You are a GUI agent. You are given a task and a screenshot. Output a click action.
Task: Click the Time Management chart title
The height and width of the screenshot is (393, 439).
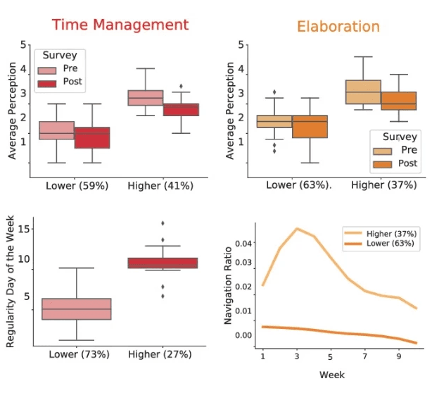click(120, 25)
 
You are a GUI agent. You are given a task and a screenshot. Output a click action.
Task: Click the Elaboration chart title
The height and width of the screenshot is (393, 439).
click(338, 27)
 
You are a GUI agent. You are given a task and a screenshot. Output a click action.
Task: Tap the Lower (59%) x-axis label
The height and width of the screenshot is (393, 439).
click(76, 186)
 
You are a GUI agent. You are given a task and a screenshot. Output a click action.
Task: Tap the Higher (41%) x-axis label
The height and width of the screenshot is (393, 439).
click(160, 186)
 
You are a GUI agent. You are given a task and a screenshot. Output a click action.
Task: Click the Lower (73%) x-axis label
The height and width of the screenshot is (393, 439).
click(78, 354)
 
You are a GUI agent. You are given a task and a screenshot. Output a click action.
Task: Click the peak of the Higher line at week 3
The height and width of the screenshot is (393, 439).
click(298, 229)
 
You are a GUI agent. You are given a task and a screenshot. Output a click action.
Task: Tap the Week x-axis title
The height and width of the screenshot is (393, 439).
click(332, 375)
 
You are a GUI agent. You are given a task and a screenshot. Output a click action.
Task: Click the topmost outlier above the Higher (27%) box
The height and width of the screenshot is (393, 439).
click(163, 223)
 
